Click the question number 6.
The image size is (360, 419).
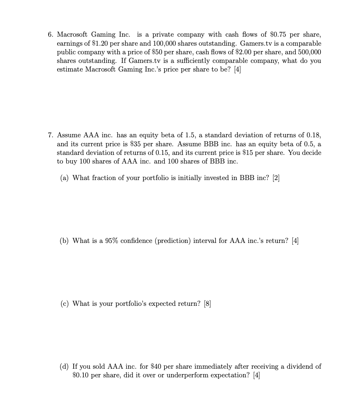coord(51,34)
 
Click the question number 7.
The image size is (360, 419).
coord(51,135)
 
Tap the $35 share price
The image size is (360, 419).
coord(135,144)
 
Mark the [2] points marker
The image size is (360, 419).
coord(276,178)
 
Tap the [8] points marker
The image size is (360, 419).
coord(207,304)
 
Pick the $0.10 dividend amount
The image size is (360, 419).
coord(80,375)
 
